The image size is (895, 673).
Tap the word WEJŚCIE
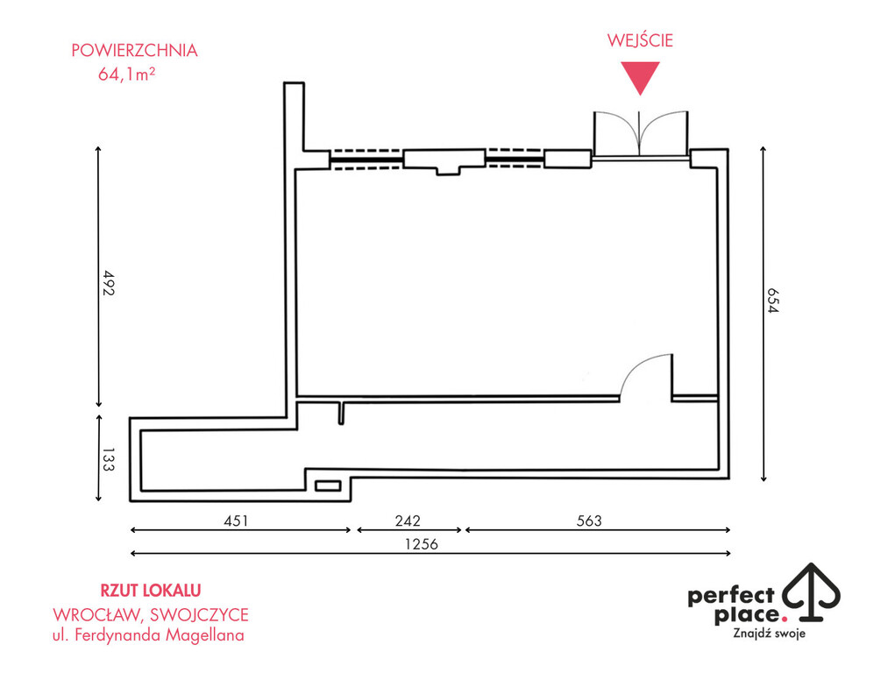point(640,40)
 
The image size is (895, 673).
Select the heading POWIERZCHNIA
point(134,50)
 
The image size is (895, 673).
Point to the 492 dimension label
point(109,283)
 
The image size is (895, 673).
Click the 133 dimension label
point(109,461)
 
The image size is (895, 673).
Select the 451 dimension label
point(235,521)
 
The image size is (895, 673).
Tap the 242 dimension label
point(407,521)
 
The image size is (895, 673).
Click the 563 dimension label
point(589,521)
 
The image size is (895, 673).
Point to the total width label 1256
point(421,543)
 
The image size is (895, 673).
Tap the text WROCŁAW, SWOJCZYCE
point(151,613)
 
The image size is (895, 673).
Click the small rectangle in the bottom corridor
point(328,485)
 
